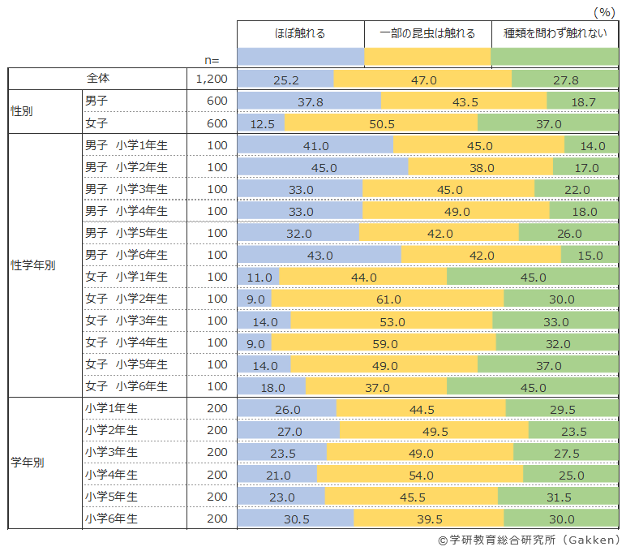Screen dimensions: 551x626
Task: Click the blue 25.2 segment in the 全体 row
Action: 285,80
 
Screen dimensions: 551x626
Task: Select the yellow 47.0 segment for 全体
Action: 422,80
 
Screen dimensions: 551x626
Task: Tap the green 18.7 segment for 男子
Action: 582,101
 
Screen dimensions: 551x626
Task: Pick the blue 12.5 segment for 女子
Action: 261,123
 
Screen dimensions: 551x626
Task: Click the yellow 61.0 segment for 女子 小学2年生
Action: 388,299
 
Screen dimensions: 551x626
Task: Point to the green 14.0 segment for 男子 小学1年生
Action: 592,145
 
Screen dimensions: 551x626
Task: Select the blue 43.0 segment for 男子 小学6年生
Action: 319,255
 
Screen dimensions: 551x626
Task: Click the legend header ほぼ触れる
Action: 300,34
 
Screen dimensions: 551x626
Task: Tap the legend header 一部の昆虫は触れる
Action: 427,34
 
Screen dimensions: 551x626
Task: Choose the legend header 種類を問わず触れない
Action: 555,34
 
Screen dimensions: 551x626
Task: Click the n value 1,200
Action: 212,80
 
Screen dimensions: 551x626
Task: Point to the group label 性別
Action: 22,112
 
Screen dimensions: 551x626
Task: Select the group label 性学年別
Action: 32,266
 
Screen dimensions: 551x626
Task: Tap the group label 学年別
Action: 27,463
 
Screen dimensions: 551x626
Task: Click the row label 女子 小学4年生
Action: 126,342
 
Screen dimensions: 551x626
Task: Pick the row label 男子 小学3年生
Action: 126,189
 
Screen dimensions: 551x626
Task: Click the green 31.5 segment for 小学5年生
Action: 559,496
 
